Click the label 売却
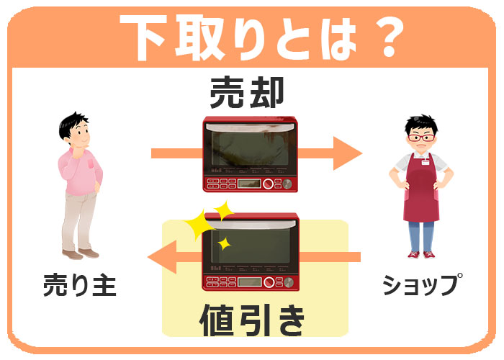[x=247, y=92]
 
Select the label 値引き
[x=252, y=320]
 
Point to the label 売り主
[x=79, y=285]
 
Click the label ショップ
[x=423, y=284]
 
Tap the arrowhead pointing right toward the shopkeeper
[x=348, y=153]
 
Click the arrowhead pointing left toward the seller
[x=163, y=257]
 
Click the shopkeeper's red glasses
[x=421, y=138]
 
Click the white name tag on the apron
[x=426, y=162]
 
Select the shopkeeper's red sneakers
[x=421, y=255]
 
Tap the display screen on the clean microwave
[x=249, y=282]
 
